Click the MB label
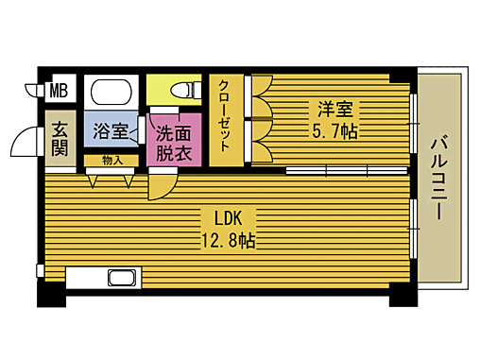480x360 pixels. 59,92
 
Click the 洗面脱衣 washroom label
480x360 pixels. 175,142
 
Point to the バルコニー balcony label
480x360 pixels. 440,179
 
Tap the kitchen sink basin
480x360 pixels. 123,278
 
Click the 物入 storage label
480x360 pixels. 111,161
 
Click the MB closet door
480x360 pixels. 32,93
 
